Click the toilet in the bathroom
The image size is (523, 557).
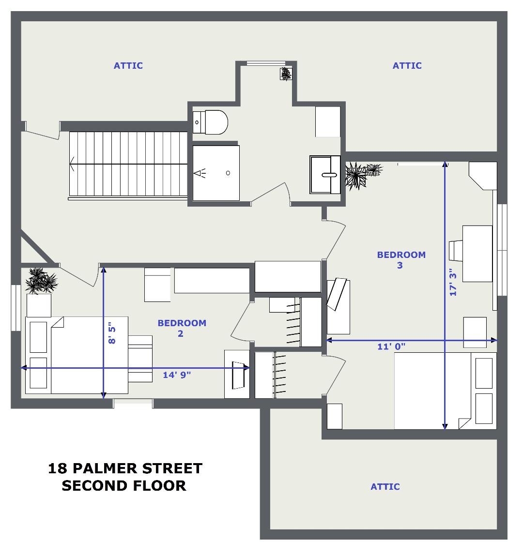(x=210, y=122)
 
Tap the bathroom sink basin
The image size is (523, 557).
(x=325, y=174)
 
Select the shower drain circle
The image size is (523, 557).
(x=228, y=173)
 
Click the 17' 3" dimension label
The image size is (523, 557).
(x=453, y=282)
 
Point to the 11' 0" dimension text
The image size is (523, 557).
(x=391, y=346)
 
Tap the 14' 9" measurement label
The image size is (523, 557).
(x=177, y=375)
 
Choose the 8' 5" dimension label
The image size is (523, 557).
(x=112, y=333)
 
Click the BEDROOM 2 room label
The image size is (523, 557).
(x=182, y=328)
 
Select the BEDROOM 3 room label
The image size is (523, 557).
(x=401, y=260)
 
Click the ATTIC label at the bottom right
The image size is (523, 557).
(x=385, y=487)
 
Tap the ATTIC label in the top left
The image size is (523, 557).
(x=128, y=66)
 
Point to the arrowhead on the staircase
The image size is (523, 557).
(x=72, y=164)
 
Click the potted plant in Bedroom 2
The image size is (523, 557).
(x=41, y=281)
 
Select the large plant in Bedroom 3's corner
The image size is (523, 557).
(x=355, y=176)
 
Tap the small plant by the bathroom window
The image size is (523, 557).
(x=286, y=74)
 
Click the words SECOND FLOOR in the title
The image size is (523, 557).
(x=123, y=485)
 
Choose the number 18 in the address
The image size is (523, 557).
(x=57, y=468)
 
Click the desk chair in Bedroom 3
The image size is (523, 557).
(x=456, y=251)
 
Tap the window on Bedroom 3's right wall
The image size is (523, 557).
(x=502, y=250)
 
